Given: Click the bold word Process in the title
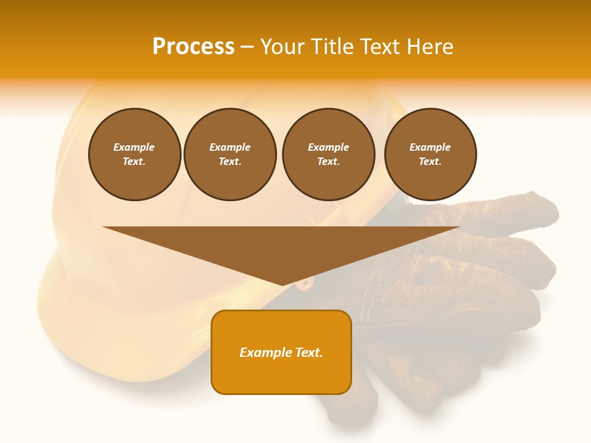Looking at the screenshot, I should pyautogui.click(x=193, y=47).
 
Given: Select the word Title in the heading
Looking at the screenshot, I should pyautogui.click(x=331, y=47).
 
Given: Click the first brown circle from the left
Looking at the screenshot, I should pyautogui.click(x=134, y=154).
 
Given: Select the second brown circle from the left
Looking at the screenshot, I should pyautogui.click(x=230, y=154).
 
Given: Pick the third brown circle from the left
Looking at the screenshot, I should pyautogui.click(x=328, y=154).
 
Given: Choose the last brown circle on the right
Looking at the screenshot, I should pyautogui.click(x=430, y=154).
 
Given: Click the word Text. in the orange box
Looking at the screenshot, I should pyautogui.click(x=308, y=353).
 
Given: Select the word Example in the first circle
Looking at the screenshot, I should pyautogui.click(x=134, y=147).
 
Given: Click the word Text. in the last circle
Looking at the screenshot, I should pyautogui.click(x=430, y=162).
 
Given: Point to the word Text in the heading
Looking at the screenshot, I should pyautogui.click(x=378, y=47).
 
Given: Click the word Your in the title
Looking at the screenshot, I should pyautogui.click(x=282, y=47).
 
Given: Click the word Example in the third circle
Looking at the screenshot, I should pyautogui.click(x=328, y=147).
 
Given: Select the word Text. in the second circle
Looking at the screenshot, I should pyautogui.click(x=230, y=162).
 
